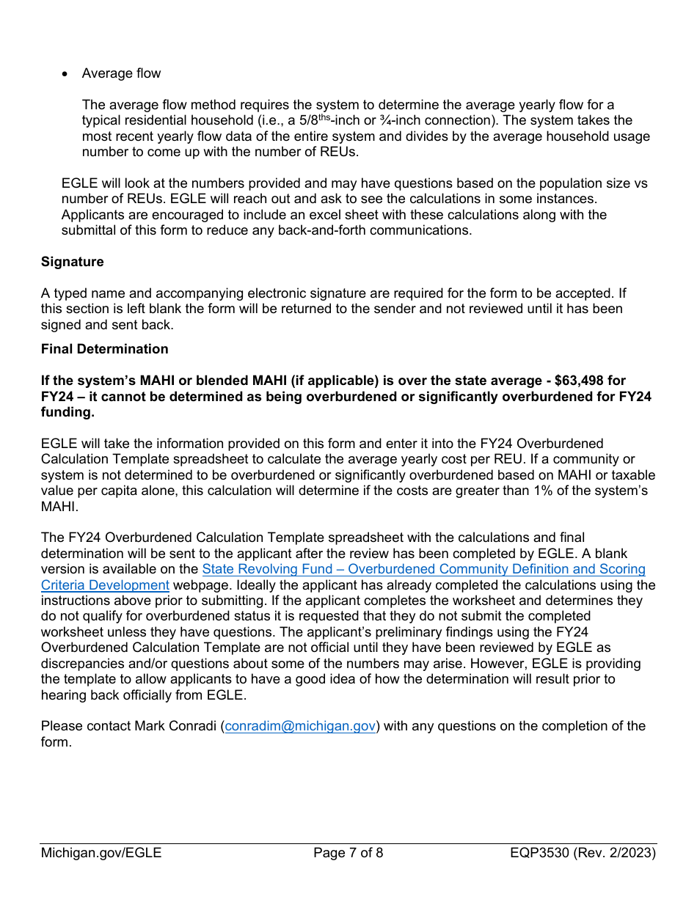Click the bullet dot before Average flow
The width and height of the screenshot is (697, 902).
click(x=66, y=74)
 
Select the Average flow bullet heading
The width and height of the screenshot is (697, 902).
click(x=121, y=73)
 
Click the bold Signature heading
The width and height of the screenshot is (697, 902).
click(x=72, y=262)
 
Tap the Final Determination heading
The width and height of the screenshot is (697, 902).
click(x=104, y=349)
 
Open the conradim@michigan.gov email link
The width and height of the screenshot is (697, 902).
click(x=300, y=726)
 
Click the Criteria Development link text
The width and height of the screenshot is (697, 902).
click(x=105, y=585)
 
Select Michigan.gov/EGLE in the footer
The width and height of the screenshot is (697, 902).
click(x=101, y=853)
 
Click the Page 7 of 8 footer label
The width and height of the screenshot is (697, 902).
click(x=348, y=853)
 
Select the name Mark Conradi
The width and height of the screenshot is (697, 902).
click(x=175, y=726)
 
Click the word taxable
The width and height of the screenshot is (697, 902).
click(x=632, y=475)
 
